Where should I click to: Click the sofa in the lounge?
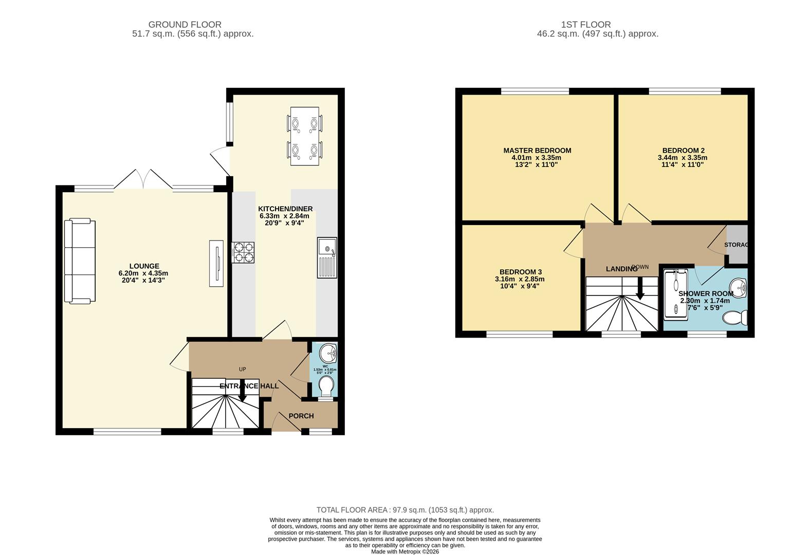80,261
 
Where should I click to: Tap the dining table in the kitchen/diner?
304,136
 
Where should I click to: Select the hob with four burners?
244,252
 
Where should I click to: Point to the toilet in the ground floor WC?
326,385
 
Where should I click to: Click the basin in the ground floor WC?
327,354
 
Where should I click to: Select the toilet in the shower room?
735,318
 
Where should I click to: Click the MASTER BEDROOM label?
537,151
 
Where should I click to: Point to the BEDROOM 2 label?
683,151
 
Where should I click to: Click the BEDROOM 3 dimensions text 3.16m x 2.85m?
520,279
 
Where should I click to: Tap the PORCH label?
301,416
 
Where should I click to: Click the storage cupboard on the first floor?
737,245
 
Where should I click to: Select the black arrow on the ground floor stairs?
242,395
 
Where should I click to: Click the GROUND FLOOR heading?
185,24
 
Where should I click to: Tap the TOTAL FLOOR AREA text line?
405,510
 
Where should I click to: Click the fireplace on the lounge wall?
216,263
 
